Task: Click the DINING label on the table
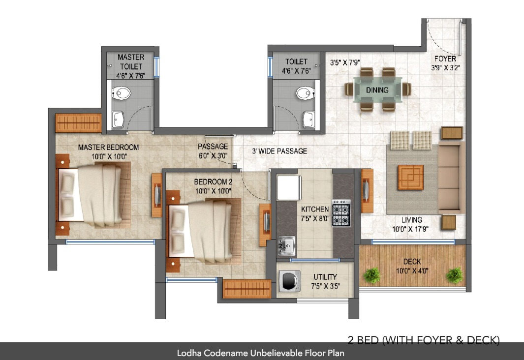point(377,90)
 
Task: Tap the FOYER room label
point(445,59)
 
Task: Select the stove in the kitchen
point(341,213)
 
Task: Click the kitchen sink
point(285,245)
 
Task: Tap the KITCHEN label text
point(315,210)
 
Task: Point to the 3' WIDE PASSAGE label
point(279,151)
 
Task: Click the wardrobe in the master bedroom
point(79,122)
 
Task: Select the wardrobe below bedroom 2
point(247,289)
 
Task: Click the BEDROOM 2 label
point(213,182)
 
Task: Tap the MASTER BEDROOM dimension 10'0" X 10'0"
point(108,156)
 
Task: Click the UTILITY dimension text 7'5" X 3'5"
point(325,286)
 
